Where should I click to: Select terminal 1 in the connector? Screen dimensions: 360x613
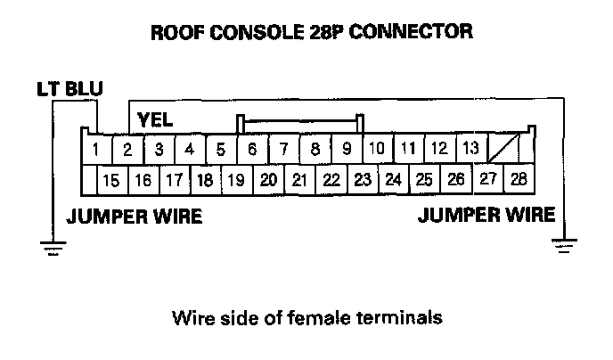click(95, 149)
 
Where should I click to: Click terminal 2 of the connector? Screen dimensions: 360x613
click(127, 149)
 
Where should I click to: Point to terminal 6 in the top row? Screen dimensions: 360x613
click(252, 149)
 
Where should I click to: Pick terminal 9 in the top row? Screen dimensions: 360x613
click(347, 149)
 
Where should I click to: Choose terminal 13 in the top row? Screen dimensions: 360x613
click(471, 148)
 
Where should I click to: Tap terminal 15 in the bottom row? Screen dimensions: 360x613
click(111, 181)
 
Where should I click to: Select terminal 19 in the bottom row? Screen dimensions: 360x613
click(236, 181)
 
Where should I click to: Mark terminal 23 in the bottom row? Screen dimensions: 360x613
click(362, 180)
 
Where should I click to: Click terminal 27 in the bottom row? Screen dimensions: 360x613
click(487, 179)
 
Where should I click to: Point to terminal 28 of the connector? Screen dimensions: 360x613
click(518, 179)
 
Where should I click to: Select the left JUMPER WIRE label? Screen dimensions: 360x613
click(134, 217)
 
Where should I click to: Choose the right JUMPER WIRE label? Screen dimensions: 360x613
click(486, 215)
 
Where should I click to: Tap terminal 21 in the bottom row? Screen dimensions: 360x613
click(299, 181)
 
